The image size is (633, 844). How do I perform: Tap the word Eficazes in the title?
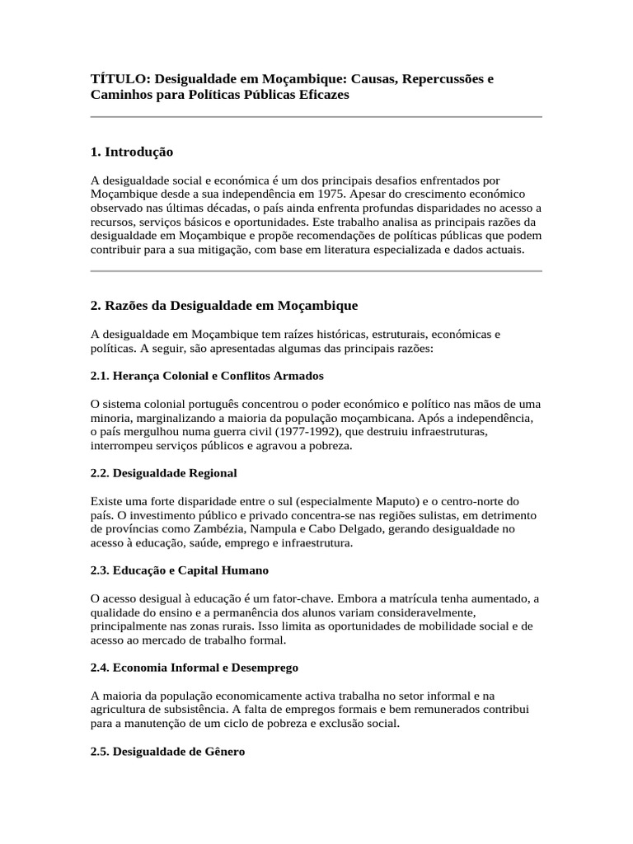pyautogui.click(x=322, y=95)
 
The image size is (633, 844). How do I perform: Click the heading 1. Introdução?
pyautogui.click(x=132, y=152)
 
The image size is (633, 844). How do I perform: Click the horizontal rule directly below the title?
pyautogui.click(x=316, y=117)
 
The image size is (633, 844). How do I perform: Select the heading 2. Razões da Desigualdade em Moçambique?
pyautogui.click(x=224, y=306)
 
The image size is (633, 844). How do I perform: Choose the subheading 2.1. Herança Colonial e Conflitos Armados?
pyautogui.click(x=207, y=376)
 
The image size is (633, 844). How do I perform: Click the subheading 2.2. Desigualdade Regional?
pyautogui.click(x=163, y=473)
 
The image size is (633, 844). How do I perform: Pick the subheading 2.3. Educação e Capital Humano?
pyautogui.click(x=180, y=570)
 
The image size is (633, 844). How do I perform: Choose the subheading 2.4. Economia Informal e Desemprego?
pyautogui.click(x=195, y=668)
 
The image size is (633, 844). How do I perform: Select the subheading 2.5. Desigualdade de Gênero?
pyautogui.click(x=167, y=752)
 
